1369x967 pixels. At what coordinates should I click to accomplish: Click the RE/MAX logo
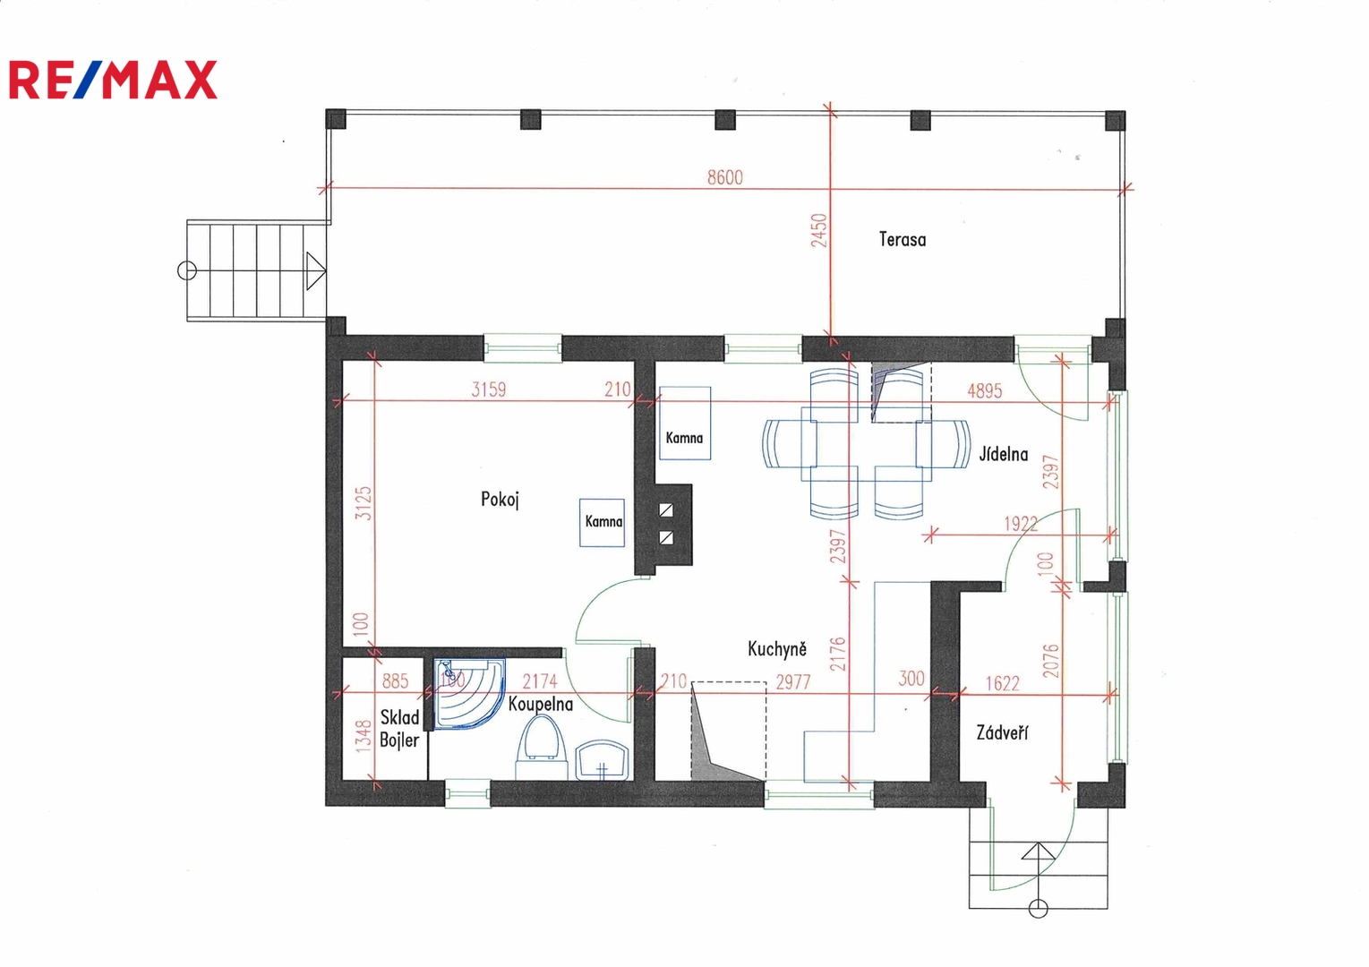[x=113, y=80]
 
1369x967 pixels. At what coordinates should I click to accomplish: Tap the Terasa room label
[x=903, y=239]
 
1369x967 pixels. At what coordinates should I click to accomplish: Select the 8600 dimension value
[x=725, y=177]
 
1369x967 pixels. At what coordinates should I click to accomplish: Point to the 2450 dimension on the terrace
[x=819, y=230]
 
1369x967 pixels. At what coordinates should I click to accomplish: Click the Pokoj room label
[x=500, y=500]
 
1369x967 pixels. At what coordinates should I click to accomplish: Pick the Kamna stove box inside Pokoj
[x=602, y=523]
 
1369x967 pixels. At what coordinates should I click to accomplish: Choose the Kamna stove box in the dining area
[x=684, y=423]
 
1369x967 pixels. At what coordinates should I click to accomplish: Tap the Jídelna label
[x=1004, y=454]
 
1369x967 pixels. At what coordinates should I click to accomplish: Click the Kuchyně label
[x=777, y=648]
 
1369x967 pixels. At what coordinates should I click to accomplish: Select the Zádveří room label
[x=1002, y=732]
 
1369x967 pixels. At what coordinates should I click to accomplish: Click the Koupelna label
[x=541, y=704]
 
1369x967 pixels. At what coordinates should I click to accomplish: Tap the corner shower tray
[x=468, y=693]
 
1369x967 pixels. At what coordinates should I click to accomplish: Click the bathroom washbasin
[x=602, y=760]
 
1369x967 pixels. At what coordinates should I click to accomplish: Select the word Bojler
[x=399, y=740]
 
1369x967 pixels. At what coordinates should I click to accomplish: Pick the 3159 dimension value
[x=488, y=389]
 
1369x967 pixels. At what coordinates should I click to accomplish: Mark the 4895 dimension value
[x=985, y=390]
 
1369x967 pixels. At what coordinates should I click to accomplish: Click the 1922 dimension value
[x=1021, y=524]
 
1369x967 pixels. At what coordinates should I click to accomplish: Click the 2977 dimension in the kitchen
[x=792, y=682]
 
